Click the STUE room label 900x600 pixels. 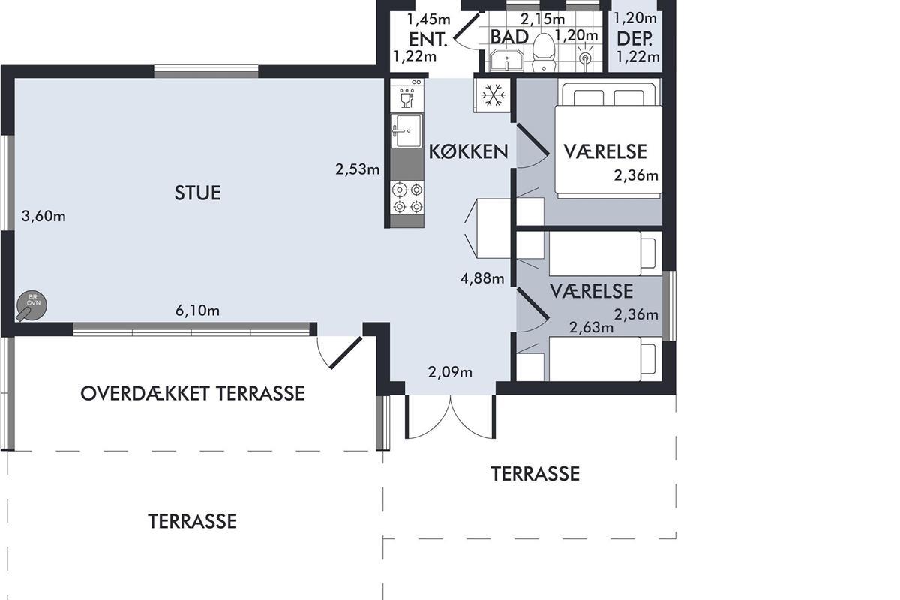(x=197, y=193)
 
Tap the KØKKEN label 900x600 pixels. (x=469, y=152)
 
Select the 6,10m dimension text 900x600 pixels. (x=198, y=310)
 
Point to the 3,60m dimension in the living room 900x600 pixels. (x=43, y=216)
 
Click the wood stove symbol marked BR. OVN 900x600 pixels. (x=31, y=306)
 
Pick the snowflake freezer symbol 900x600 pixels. (x=493, y=95)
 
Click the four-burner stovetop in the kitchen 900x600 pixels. (x=407, y=198)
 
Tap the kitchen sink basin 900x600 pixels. (x=407, y=130)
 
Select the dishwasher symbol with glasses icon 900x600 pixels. (x=407, y=94)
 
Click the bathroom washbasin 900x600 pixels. (x=506, y=60)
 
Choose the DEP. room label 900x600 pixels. (x=634, y=39)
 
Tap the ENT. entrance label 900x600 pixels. (x=428, y=40)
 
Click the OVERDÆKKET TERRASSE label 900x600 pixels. (x=193, y=394)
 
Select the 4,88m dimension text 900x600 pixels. (x=482, y=277)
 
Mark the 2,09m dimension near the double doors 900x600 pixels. (x=450, y=372)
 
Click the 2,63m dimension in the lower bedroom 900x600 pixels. (x=592, y=328)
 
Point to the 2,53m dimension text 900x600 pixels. (x=358, y=169)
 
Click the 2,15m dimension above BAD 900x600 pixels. (x=542, y=19)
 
